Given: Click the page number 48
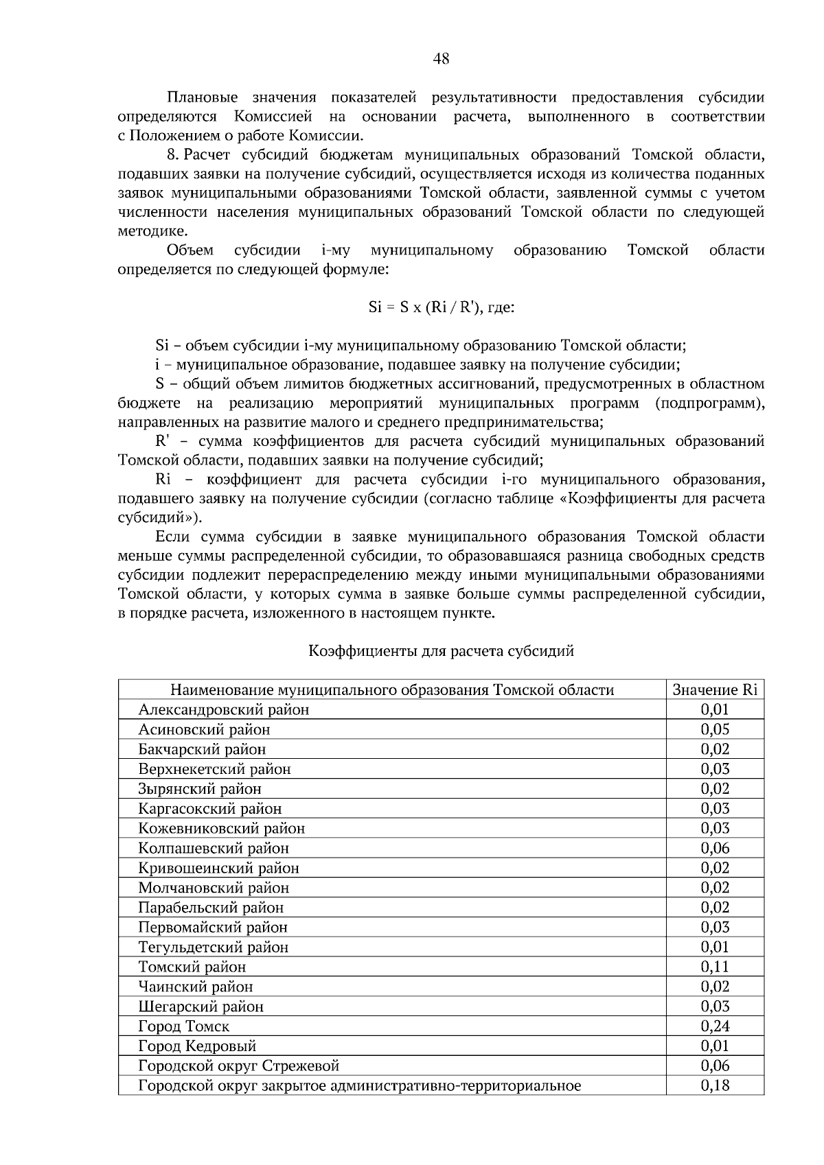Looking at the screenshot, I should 441,60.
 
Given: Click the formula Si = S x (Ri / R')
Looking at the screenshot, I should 426,307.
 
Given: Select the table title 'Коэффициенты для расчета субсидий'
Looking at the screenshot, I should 441,651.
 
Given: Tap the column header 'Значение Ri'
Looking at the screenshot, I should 715,690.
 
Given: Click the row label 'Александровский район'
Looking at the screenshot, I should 223,709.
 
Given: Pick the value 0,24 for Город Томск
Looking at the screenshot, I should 715,1026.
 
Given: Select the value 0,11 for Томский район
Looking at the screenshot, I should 715,967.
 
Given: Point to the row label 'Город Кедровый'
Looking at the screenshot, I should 197,1046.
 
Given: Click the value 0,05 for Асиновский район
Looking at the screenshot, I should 715,729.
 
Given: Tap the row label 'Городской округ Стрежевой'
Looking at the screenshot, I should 238,1066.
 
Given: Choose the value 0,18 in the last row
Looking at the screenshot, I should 715,1085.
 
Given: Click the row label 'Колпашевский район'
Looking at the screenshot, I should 214,848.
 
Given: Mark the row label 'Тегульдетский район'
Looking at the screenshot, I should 213,948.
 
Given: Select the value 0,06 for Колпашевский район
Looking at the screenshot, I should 715,848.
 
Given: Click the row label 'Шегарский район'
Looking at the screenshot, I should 201,1007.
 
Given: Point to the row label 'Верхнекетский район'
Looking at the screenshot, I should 214,769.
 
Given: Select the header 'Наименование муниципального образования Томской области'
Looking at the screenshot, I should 391,690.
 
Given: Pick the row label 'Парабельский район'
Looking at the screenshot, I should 211,908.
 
